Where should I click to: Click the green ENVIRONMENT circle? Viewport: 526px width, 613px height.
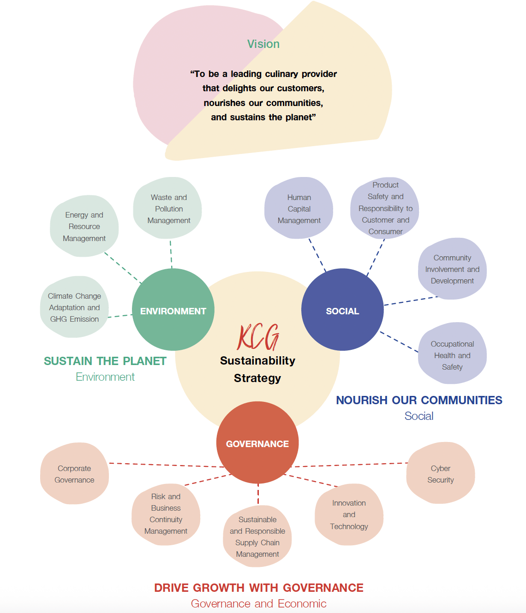click(x=173, y=310)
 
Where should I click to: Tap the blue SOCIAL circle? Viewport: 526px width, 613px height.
click(x=342, y=310)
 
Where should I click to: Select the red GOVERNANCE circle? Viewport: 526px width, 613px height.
click(x=257, y=443)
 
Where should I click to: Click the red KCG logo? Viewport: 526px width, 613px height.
click(x=258, y=337)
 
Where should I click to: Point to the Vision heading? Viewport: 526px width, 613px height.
click(x=263, y=44)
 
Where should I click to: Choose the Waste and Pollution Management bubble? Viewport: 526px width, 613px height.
click(x=168, y=209)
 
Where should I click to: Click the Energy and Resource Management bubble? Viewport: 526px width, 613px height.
click(x=84, y=226)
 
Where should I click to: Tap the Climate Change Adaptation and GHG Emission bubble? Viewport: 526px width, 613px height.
click(x=74, y=307)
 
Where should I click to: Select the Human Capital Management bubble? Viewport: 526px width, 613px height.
click(x=299, y=209)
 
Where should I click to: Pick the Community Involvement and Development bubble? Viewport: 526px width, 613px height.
click(x=452, y=269)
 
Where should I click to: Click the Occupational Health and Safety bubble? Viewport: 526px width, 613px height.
click(x=452, y=355)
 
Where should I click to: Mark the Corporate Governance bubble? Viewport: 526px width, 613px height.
click(x=74, y=474)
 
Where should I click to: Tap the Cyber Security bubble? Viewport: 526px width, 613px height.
click(x=441, y=474)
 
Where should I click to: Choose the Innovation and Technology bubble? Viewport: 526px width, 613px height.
click(x=349, y=514)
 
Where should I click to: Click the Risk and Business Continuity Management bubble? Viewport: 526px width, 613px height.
click(x=166, y=513)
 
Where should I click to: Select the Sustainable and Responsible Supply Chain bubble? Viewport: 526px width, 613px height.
click(x=257, y=536)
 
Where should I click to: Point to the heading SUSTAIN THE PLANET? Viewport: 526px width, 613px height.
click(x=105, y=361)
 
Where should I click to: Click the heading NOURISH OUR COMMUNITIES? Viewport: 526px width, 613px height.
click(x=419, y=400)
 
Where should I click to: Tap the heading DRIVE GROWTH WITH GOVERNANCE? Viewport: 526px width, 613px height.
click(x=259, y=588)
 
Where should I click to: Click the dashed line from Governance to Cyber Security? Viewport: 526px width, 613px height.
click(x=351, y=465)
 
